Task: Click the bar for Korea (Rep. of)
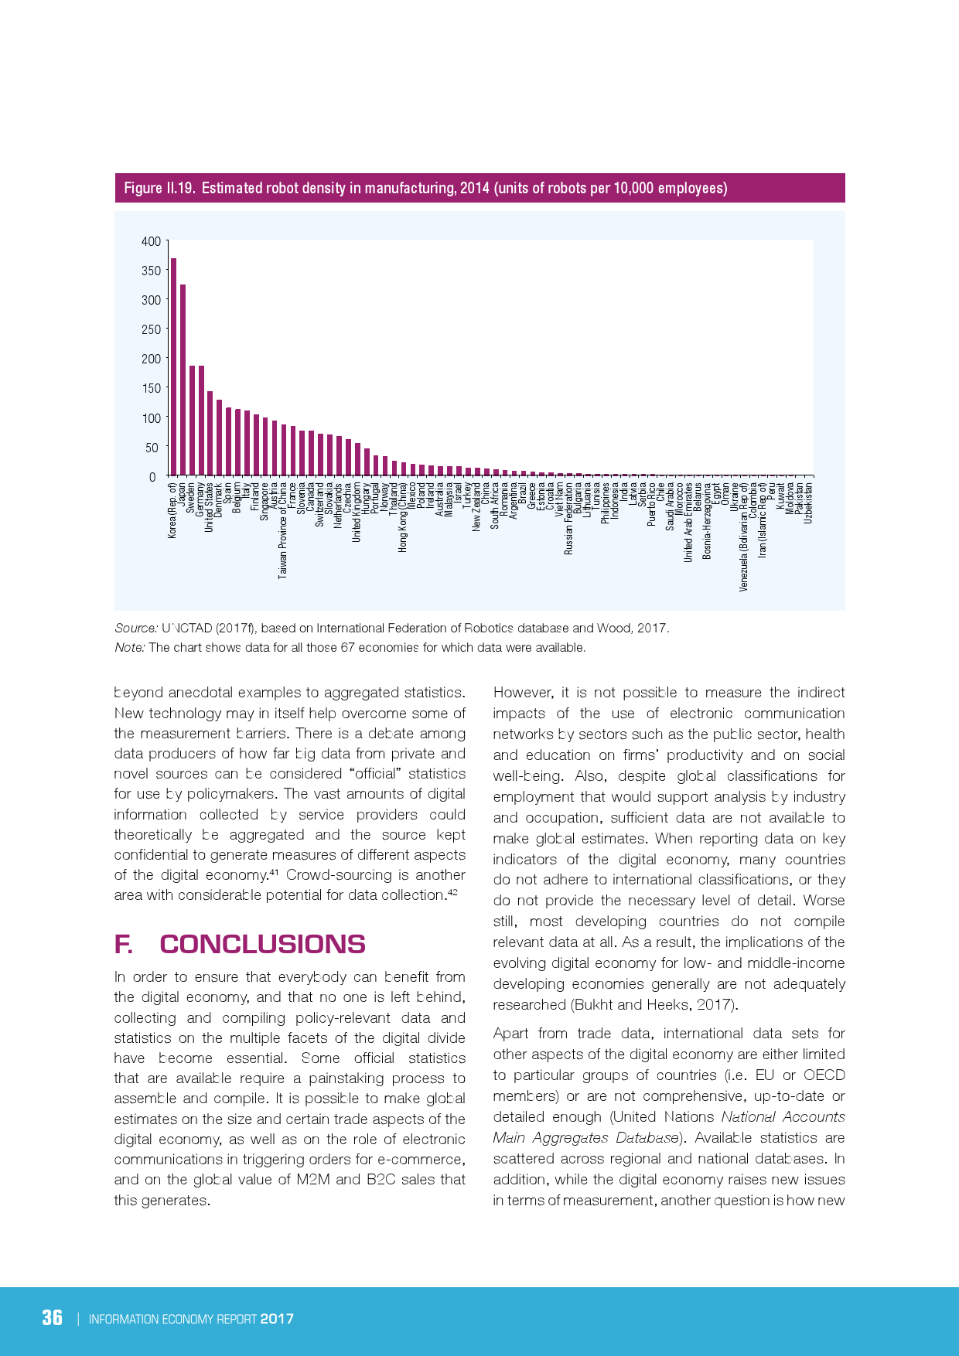pyautogui.click(x=173, y=367)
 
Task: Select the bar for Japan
pyautogui.click(x=183, y=380)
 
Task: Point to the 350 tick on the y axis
pyautogui.click(x=151, y=271)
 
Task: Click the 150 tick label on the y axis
pyautogui.click(x=151, y=388)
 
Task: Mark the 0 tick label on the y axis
pyautogui.click(x=152, y=477)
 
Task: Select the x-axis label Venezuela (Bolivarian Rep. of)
pyautogui.click(x=743, y=537)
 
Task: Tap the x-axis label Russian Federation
pyautogui.click(x=568, y=519)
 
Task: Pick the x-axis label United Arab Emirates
pyautogui.click(x=688, y=523)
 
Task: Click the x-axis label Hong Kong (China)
pyautogui.click(x=403, y=517)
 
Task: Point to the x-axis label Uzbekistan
pyautogui.click(x=808, y=503)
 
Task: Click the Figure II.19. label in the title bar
pyautogui.click(x=159, y=188)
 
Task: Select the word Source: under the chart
pyautogui.click(x=136, y=628)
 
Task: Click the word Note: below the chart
pyautogui.click(x=130, y=647)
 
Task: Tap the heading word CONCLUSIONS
pyautogui.click(x=262, y=944)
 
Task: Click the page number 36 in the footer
pyautogui.click(x=52, y=1317)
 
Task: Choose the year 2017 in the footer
pyautogui.click(x=277, y=1319)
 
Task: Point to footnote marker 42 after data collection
pyautogui.click(x=453, y=892)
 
